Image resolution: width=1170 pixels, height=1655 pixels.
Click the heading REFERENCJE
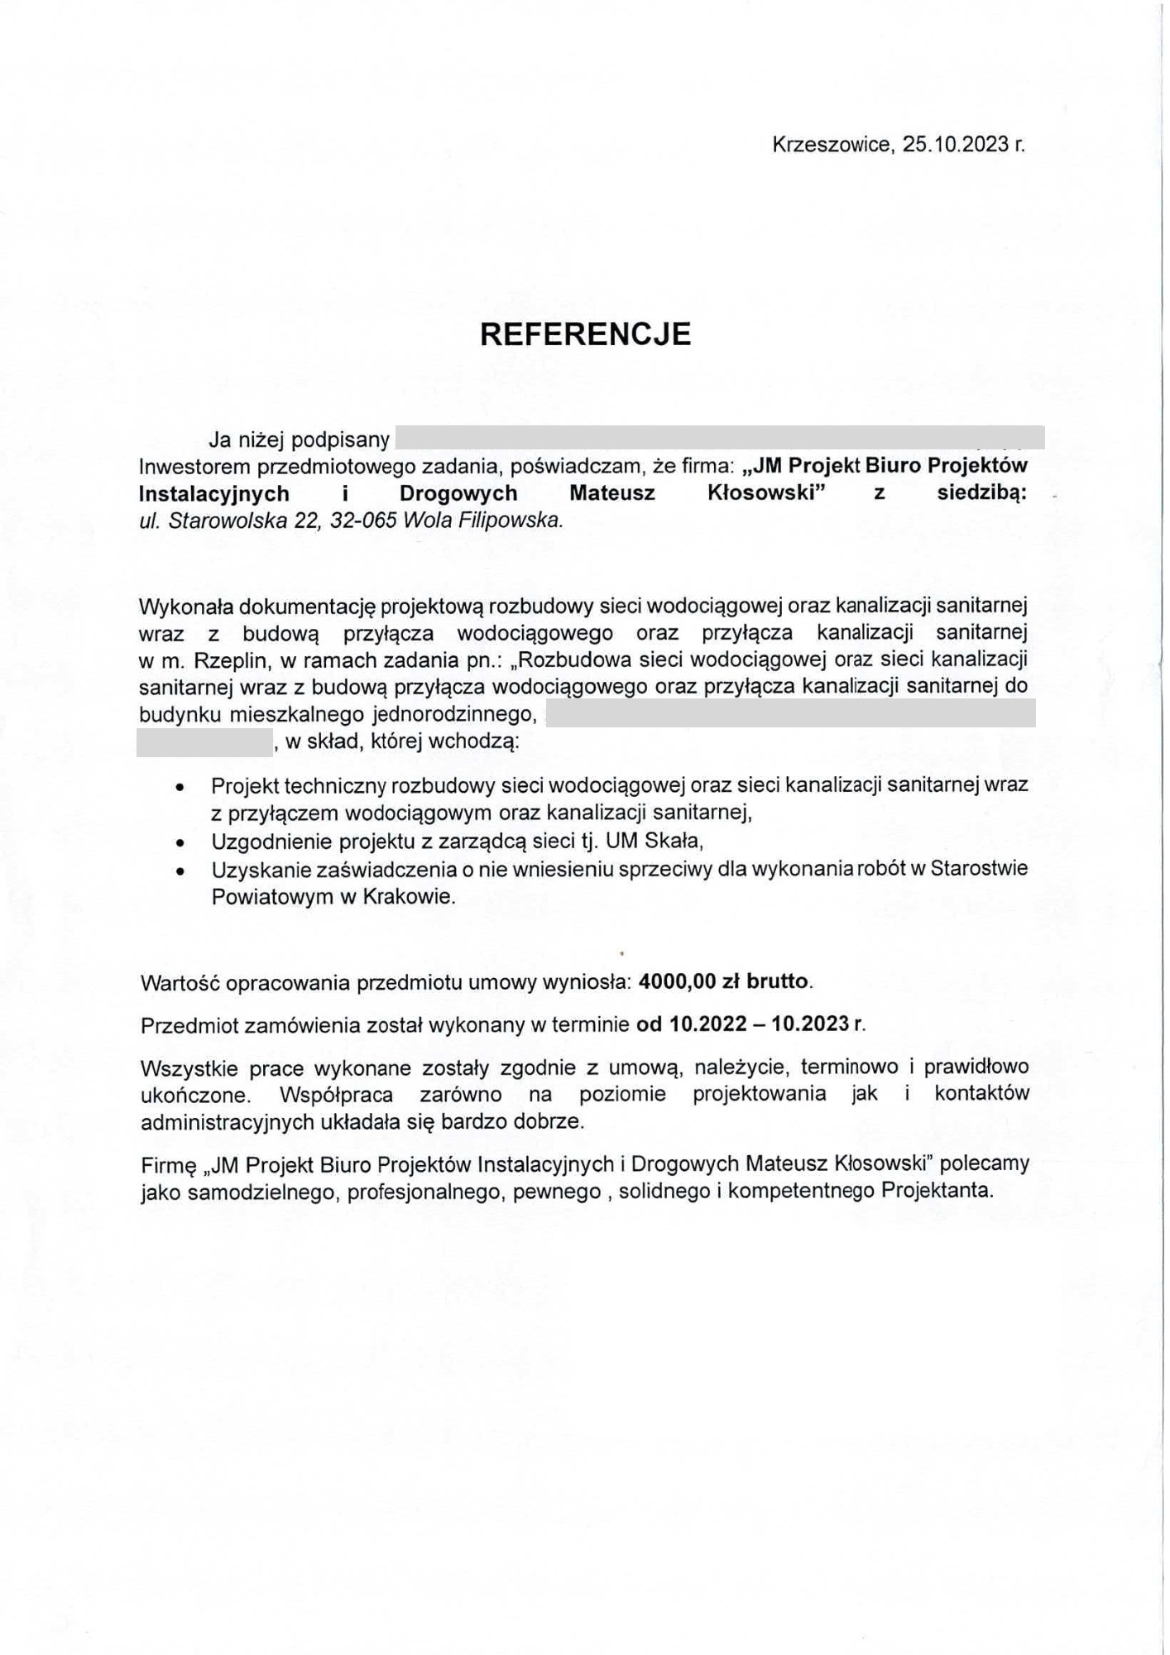point(585,333)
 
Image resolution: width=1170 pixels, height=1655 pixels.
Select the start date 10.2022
point(702,1024)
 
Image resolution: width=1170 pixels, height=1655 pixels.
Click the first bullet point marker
point(180,787)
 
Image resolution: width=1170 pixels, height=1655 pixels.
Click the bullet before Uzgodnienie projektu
point(180,843)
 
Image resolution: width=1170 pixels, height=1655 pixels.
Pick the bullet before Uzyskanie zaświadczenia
point(180,871)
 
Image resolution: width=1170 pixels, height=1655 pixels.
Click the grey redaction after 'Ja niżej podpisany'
point(719,437)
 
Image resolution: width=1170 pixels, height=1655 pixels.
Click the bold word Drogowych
point(458,493)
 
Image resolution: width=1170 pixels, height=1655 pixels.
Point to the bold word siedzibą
point(981,493)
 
